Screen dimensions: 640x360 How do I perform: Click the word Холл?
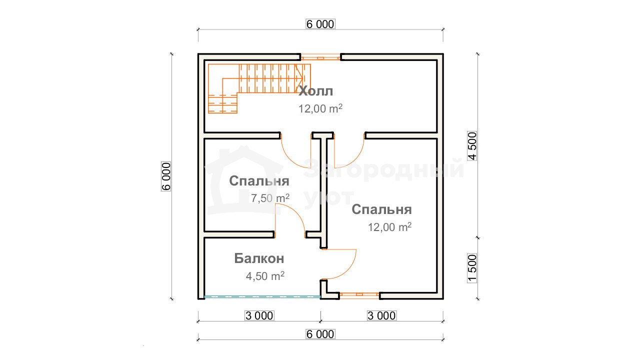tap(315, 91)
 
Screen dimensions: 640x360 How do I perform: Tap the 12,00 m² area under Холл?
tap(320, 108)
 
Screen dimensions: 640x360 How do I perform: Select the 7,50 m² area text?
tap(270, 198)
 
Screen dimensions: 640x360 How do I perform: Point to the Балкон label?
tap(259, 258)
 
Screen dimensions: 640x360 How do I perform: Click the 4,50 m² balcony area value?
tap(265, 276)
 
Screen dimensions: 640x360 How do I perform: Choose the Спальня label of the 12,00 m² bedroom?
tap(381, 209)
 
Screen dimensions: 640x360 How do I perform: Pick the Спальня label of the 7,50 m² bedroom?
tap(259, 181)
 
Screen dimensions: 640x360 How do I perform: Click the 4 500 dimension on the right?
tap(472, 145)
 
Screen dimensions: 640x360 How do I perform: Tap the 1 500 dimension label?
tap(472, 268)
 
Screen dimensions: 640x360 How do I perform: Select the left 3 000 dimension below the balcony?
tap(259, 315)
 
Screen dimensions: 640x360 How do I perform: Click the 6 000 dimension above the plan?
tap(320, 24)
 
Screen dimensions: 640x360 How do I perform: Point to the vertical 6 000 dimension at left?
tap(166, 176)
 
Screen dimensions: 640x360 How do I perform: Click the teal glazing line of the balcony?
tap(262, 297)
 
